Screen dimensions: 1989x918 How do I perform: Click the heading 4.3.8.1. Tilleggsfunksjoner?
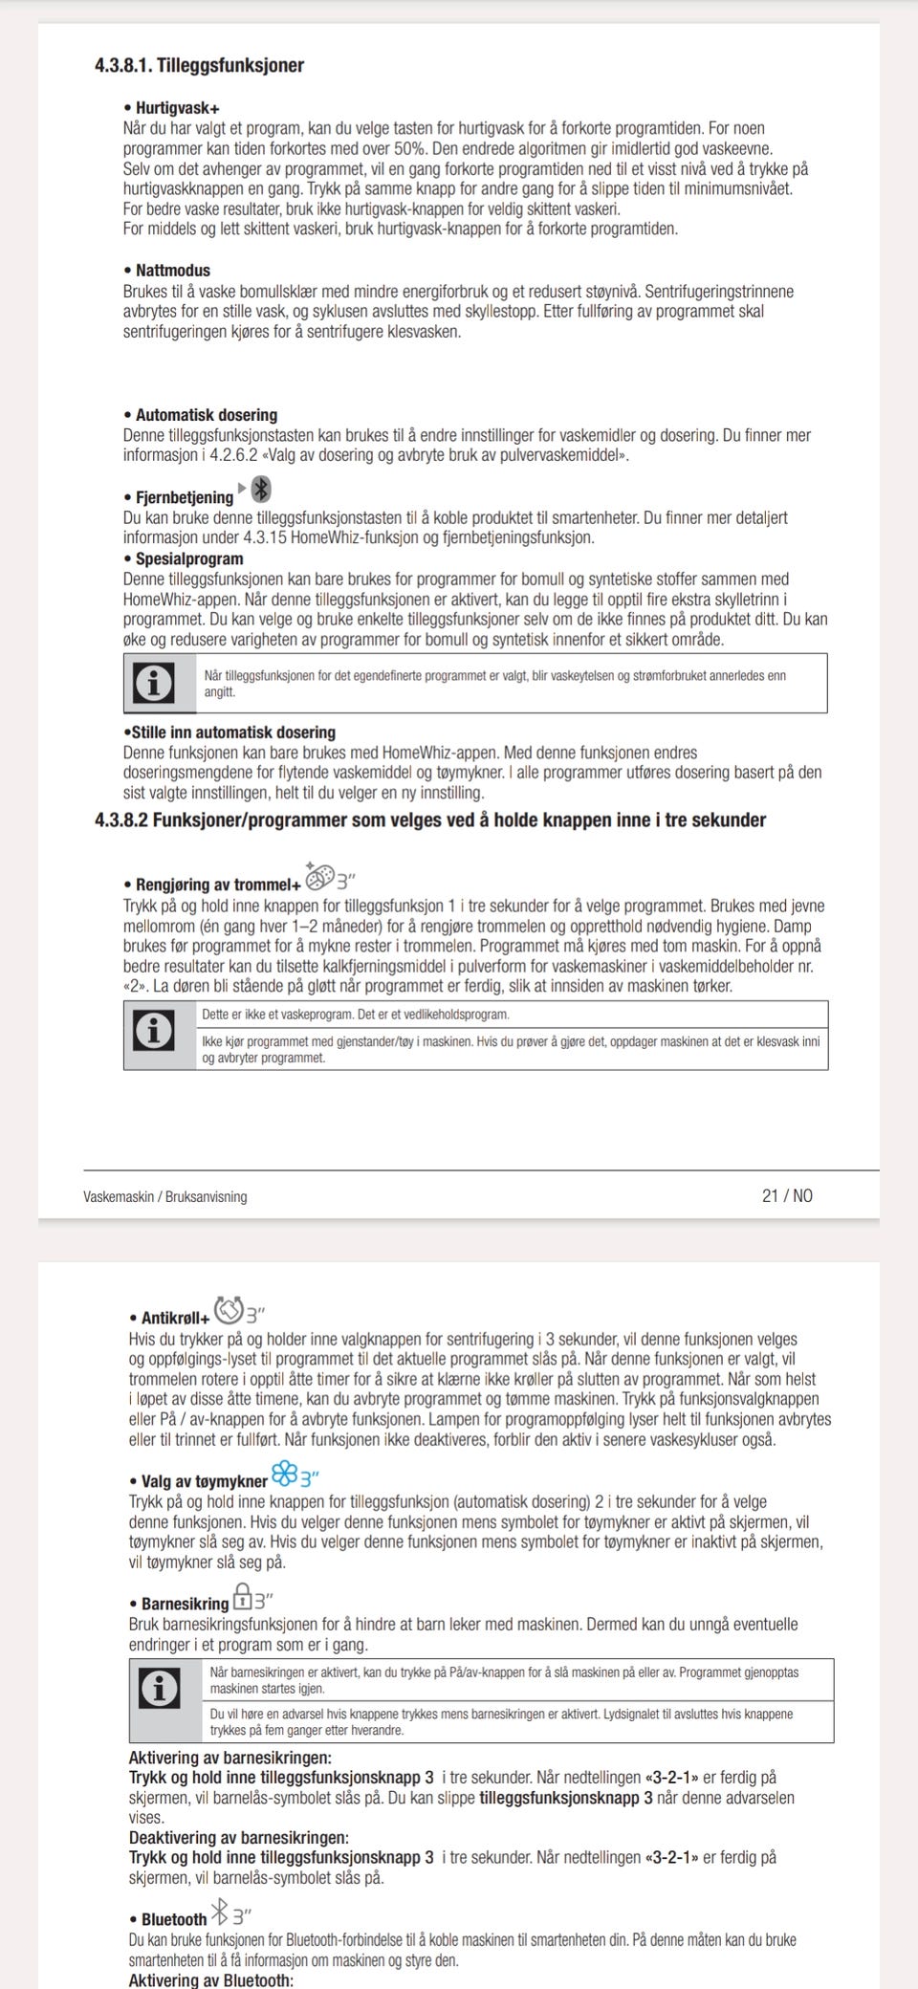(199, 66)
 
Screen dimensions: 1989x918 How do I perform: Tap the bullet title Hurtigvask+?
(178, 108)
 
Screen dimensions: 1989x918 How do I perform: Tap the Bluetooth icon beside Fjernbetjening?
(260, 491)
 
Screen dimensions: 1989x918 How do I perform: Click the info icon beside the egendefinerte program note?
(156, 683)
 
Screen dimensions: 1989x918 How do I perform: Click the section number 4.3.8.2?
(121, 820)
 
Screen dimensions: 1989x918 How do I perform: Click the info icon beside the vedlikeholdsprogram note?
(156, 1032)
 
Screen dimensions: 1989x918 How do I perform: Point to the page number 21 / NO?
(787, 1196)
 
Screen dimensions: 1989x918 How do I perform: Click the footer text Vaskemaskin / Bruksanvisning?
(165, 1197)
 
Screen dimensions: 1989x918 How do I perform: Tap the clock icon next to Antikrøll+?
(229, 1307)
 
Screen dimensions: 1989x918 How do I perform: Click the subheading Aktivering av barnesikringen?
(230, 1758)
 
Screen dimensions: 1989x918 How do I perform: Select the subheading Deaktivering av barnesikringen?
(239, 1838)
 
